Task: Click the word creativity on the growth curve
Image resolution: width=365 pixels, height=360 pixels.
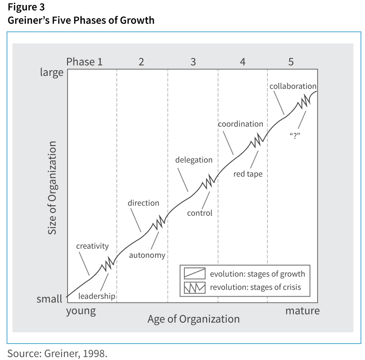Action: pyautogui.click(x=92, y=246)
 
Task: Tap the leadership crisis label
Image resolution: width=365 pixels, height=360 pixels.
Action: pyautogui.click(x=97, y=296)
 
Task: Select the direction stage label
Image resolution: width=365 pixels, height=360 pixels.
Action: pyautogui.click(x=143, y=203)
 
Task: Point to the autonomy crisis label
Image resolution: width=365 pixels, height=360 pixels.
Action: pyautogui.click(x=147, y=255)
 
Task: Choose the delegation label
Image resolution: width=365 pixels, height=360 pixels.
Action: pyautogui.click(x=194, y=160)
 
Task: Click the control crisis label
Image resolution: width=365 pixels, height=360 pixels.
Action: pyautogui.click(x=200, y=213)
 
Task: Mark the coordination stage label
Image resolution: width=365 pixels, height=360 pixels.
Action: pyautogui.click(x=240, y=124)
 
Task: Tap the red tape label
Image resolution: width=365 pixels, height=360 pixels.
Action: pyautogui.click(x=248, y=174)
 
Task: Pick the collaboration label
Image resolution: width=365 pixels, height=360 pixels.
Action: pyautogui.click(x=293, y=86)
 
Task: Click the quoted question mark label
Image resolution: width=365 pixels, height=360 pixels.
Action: pyautogui.click(x=294, y=136)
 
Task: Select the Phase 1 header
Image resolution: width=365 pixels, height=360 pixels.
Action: pyautogui.click(x=84, y=62)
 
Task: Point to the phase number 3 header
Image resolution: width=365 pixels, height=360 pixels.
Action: pyautogui.click(x=193, y=62)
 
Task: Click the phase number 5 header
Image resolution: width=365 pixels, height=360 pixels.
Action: pyautogui.click(x=291, y=62)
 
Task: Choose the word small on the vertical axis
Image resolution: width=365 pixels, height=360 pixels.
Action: pyautogui.click(x=49, y=299)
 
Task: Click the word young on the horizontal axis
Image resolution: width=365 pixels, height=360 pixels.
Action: pyautogui.click(x=81, y=311)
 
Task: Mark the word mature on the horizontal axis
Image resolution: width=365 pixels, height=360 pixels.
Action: pyautogui.click(x=302, y=311)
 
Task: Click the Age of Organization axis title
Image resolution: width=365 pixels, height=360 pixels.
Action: pyautogui.click(x=193, y=319)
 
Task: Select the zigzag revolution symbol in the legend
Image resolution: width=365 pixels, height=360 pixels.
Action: pyautogui.click(x=194, y=287)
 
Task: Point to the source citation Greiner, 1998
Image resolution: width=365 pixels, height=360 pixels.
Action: pyautogui.click(x=57, y=353)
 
